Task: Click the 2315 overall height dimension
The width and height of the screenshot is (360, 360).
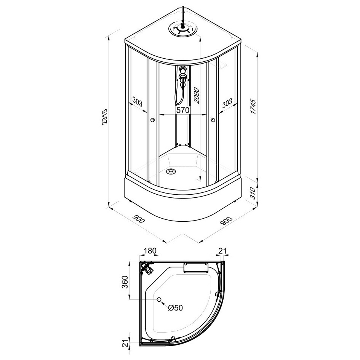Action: click(x=104, y=117)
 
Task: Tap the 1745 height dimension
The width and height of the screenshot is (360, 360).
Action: click(x=253, y=106)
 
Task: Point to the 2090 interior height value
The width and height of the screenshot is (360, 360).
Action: click(x=197, y=96)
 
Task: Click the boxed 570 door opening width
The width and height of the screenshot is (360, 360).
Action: click(x=182, y=110)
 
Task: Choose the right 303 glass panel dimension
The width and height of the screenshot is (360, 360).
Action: click(x=227, y=103)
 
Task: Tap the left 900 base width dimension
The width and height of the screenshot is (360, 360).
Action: click(x=139, y=219)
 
